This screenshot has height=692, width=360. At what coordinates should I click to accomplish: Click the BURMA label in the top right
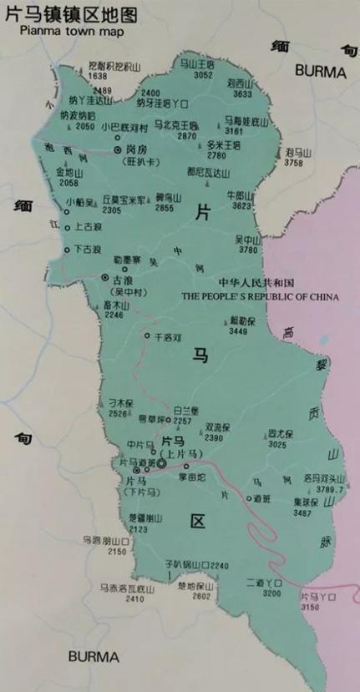click(320, 73)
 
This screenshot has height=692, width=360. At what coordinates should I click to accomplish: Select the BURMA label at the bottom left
click(95, 655)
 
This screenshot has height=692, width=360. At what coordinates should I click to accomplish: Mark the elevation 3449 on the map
click(238, 331)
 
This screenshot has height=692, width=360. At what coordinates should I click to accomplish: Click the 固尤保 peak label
click(255, 434)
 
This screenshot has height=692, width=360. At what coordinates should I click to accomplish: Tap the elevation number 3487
click(303, 513)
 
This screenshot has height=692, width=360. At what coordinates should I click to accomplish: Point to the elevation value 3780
click(248, 250)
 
